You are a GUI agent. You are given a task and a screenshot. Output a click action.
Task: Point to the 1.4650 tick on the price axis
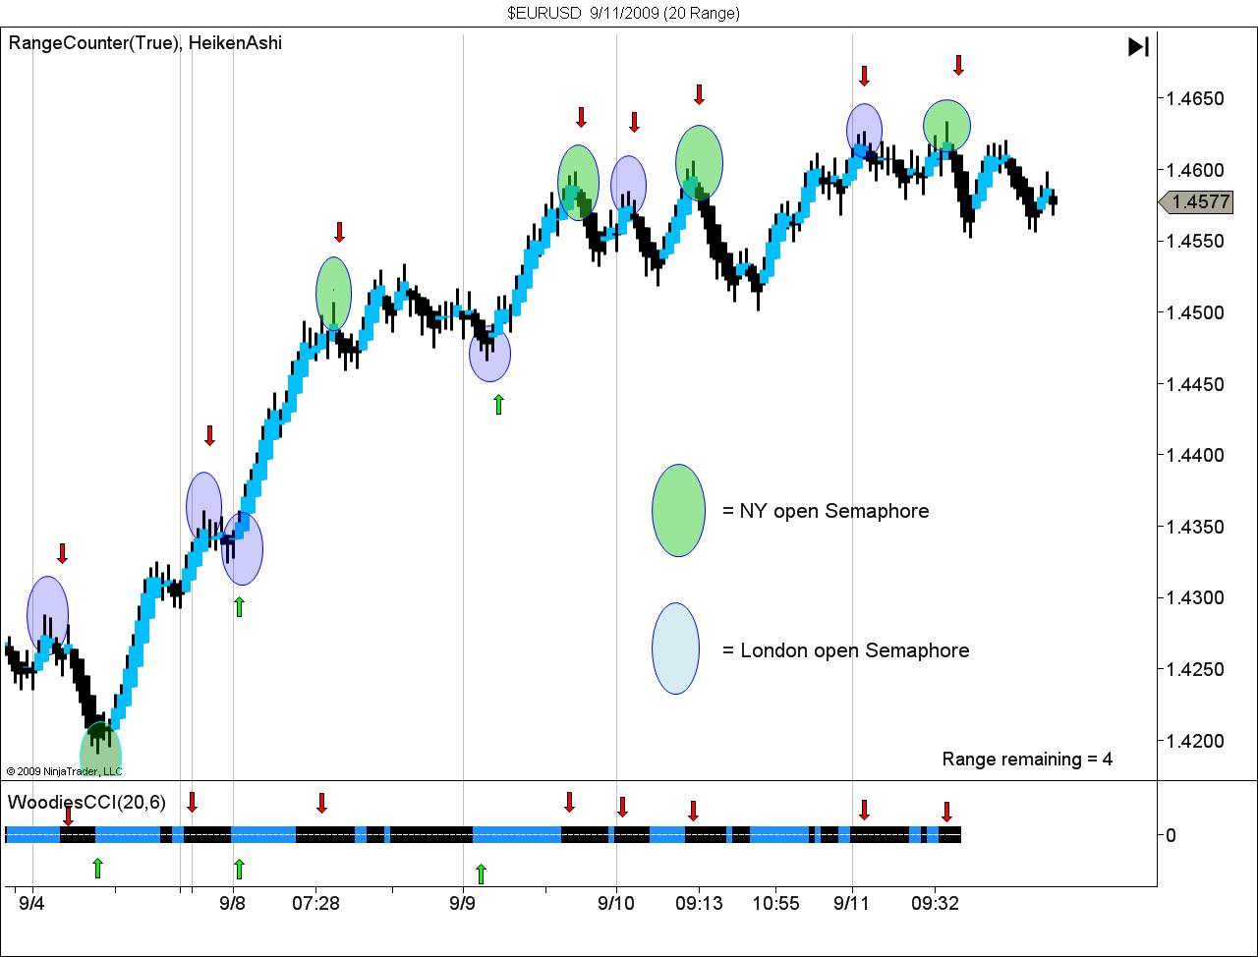click(x=1195, y=98)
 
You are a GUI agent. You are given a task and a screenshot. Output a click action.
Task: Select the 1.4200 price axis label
click(x=1195, y=741)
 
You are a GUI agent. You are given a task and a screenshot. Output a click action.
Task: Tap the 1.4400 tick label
click(x=1195, y=455)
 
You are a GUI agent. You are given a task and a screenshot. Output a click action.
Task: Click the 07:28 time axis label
click(x=315, y=903)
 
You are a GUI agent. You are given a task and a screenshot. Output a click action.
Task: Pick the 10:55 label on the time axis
click(x=775, y=903)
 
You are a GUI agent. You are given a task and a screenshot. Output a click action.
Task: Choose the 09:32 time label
click(x=935, y=903)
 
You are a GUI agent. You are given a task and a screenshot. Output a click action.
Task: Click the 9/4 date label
click(x=31, y=903)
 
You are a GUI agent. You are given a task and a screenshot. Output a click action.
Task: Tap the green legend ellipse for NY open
click(x=678, y=511)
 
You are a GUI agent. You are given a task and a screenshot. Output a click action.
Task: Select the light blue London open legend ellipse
click(x=675, y=648)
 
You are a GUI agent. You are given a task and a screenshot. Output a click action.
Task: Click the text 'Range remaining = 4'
click(x=1027, y=759)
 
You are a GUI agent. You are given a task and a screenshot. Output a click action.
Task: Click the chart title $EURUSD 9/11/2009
click(x=623, y=13)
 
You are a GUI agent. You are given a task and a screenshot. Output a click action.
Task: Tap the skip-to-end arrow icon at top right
click(x=1138, y=46)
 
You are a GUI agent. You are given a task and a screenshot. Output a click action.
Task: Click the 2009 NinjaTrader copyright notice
click(x=64, y=771)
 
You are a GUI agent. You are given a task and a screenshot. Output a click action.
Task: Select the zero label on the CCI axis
click(x=1171, y=835)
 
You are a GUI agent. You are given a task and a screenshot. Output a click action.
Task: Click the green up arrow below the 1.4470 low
click(x=498, y=404)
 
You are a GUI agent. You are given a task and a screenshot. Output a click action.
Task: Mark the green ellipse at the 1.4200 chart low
click(x=100, y=753)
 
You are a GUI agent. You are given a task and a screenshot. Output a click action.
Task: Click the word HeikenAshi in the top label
click(x=235, y=43)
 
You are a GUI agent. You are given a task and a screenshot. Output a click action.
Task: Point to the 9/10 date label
click(x=615, y=903)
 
